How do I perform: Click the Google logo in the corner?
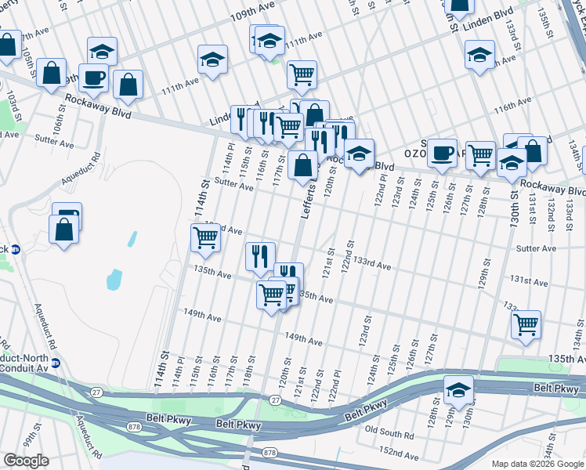27,460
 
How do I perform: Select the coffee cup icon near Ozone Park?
442,154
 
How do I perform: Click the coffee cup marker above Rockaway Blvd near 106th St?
93,78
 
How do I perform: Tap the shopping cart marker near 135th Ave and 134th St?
526,324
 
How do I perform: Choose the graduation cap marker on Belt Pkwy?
458,389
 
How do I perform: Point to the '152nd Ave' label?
395,453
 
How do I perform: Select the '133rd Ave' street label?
372,265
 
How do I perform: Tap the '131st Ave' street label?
527,279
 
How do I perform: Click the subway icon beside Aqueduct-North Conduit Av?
66,363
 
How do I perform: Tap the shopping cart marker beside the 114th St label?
205,238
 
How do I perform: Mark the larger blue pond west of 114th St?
114,278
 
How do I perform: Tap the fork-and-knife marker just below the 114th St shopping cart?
260,255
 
